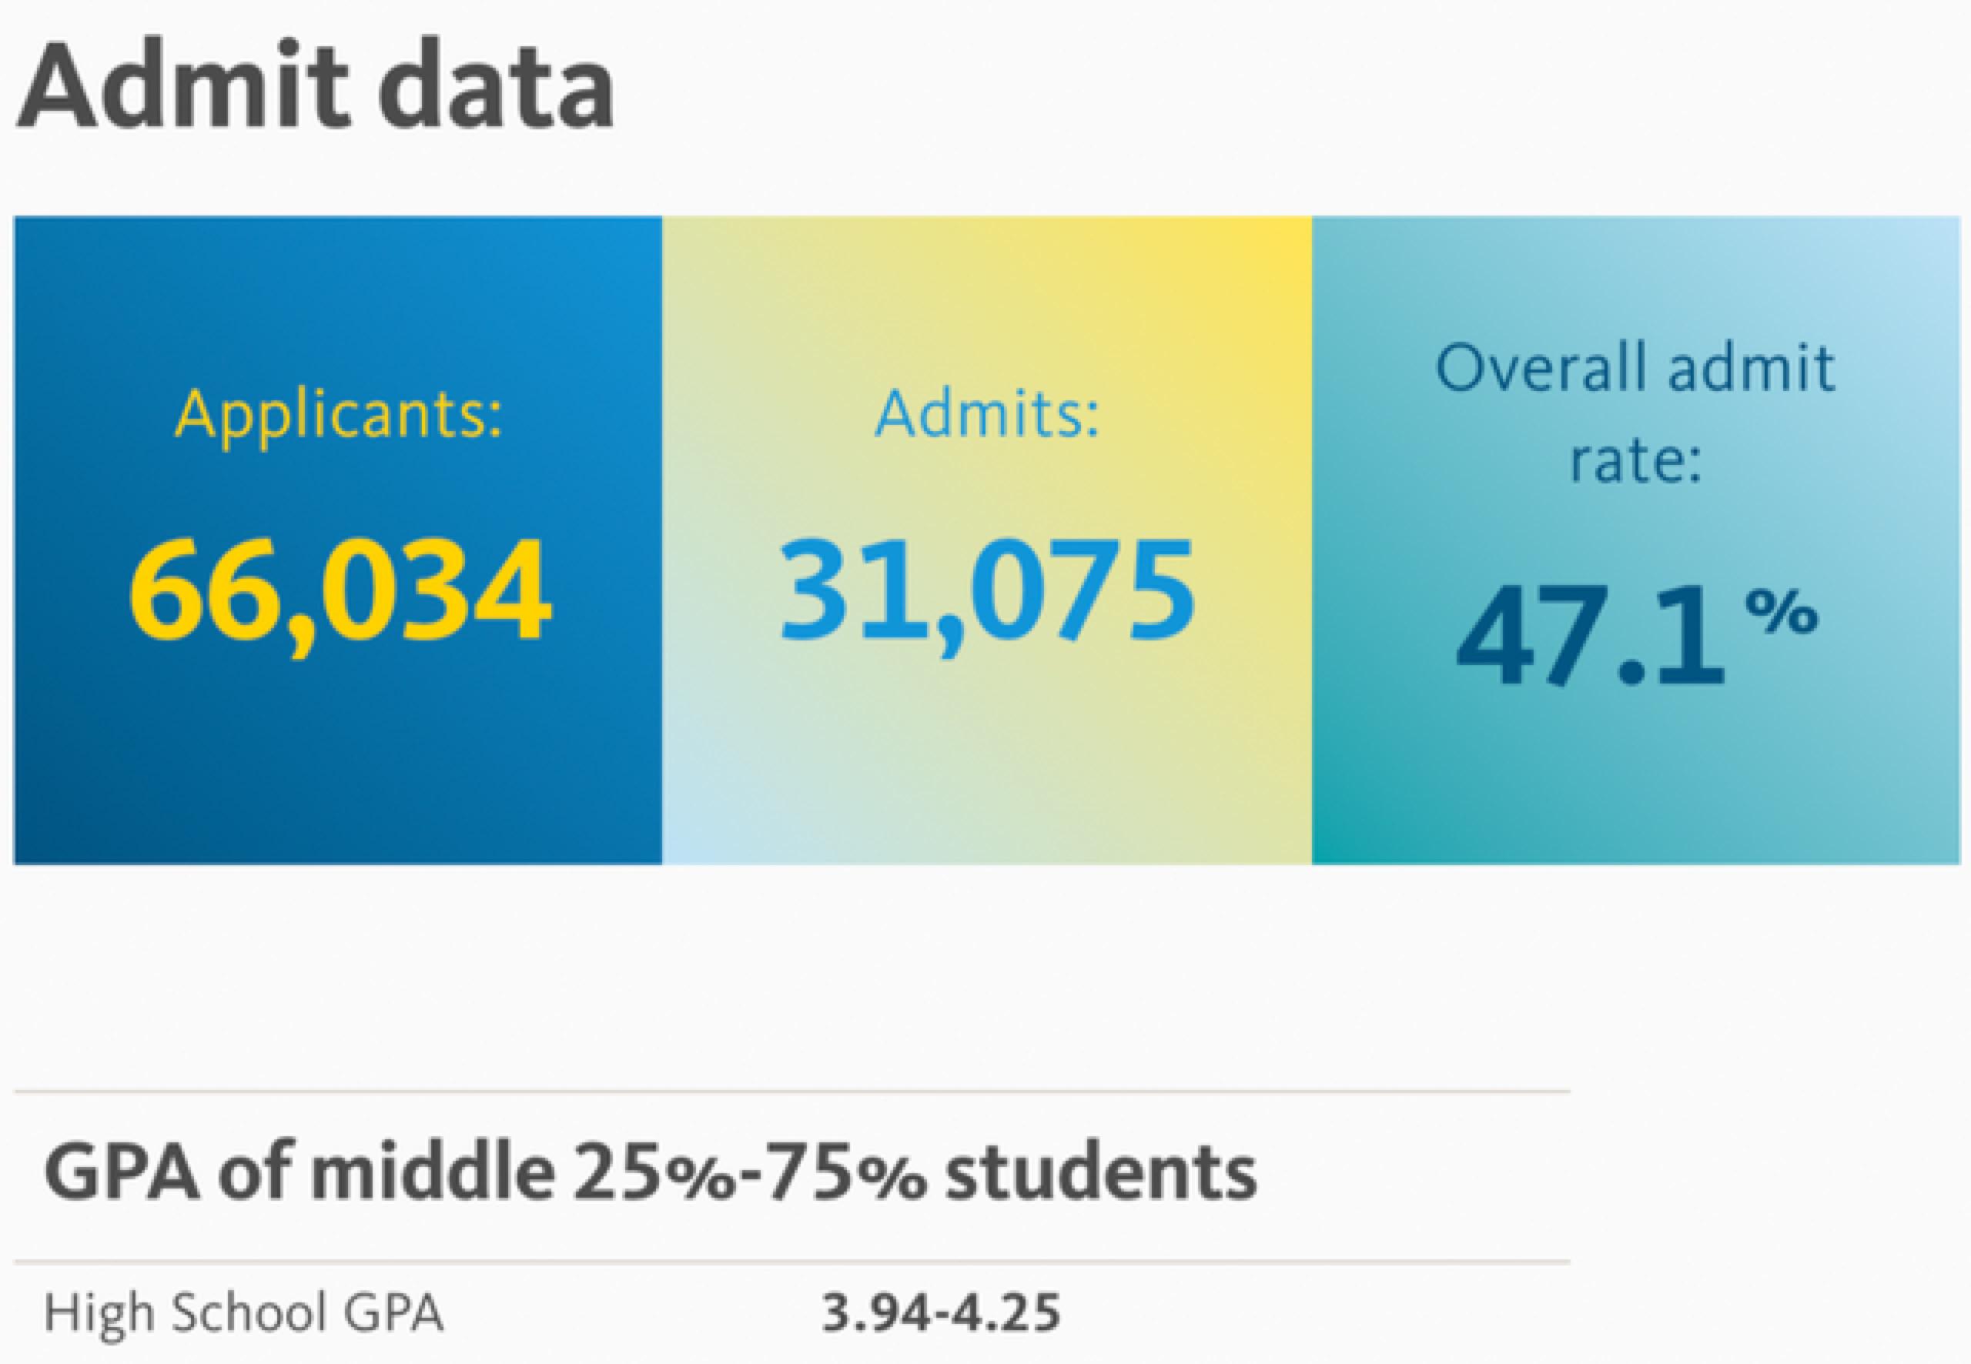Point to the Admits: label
[987, 413]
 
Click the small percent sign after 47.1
[1782, 611]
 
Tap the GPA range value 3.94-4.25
[941, 1312]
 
